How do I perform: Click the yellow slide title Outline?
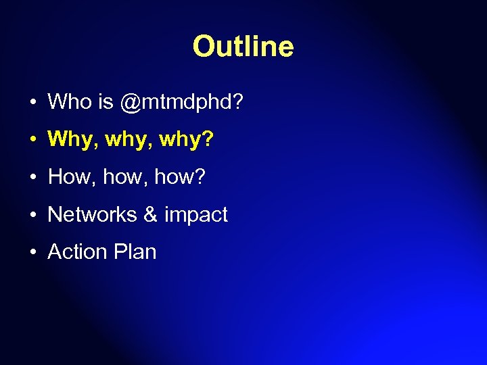243,47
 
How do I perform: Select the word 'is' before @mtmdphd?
106,102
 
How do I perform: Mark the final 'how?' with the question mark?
179,177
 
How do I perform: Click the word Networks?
93,214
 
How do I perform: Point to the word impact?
196,216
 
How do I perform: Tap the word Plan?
135,252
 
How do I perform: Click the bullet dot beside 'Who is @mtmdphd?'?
32,103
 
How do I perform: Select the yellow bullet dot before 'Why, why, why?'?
32,141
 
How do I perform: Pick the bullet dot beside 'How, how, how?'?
32,178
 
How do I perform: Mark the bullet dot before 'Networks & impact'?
32,216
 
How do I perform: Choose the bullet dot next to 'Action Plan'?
32,253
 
